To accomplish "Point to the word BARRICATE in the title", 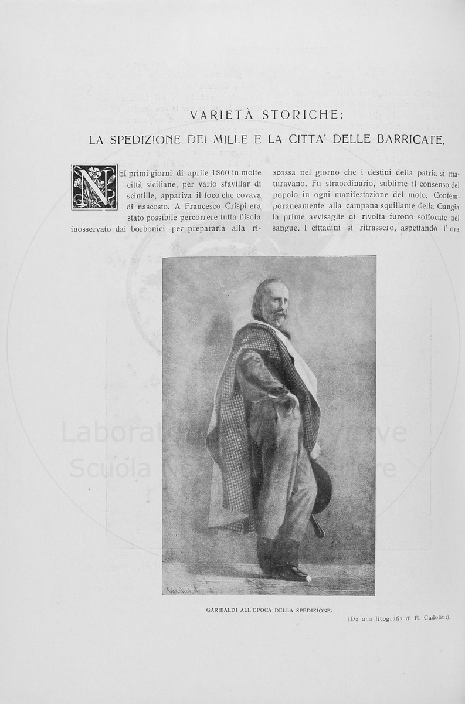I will (406, 141).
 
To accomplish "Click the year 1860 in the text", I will (210, 172).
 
